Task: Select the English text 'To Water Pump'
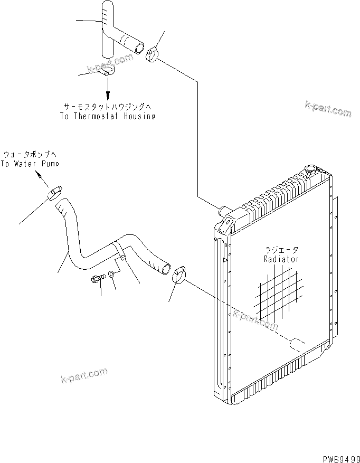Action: tap(30, 164)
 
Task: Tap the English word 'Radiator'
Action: tap(281, 259)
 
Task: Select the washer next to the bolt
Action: tap(112, 275)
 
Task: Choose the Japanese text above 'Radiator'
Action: tap(281, 250)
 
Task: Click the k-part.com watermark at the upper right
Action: tap(327, 109)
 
